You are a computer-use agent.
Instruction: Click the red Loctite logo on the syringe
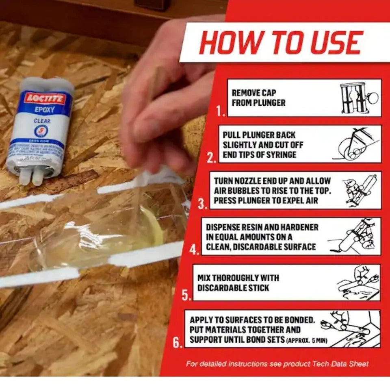click(x=45, y=98)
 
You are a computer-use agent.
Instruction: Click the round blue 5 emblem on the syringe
click(x=41, y=131)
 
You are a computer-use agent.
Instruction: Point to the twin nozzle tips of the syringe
click(x=32, y=177)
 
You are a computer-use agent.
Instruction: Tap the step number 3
click(x=202, y=204)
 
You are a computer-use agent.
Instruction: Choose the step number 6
click(x=177, y=343)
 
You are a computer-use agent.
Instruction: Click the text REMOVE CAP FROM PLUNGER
click(x=258, y=98)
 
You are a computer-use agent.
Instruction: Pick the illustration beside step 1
click(x=359, y=98)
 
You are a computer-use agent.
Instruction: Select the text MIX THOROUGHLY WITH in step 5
click(x=238, y=278)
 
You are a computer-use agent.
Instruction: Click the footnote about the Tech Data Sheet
click(x=277, y=363)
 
